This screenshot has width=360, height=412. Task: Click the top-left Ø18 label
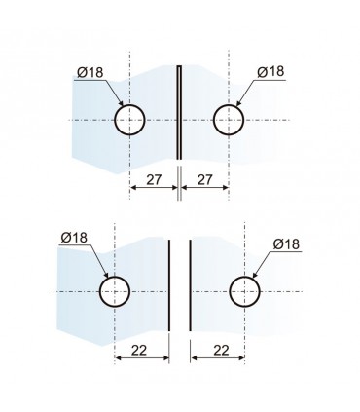point(90,72)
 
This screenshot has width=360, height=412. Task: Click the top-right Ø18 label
point(270,71)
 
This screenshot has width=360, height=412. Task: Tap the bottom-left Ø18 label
point(74,238)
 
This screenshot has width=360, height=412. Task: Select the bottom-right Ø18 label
point(286,243)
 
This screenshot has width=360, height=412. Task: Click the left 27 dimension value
point(154,179)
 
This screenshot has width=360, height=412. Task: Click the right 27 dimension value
point(204,179)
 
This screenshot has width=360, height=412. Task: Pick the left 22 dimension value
point(139,350)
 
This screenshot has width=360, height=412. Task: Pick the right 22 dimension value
point(222,350)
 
